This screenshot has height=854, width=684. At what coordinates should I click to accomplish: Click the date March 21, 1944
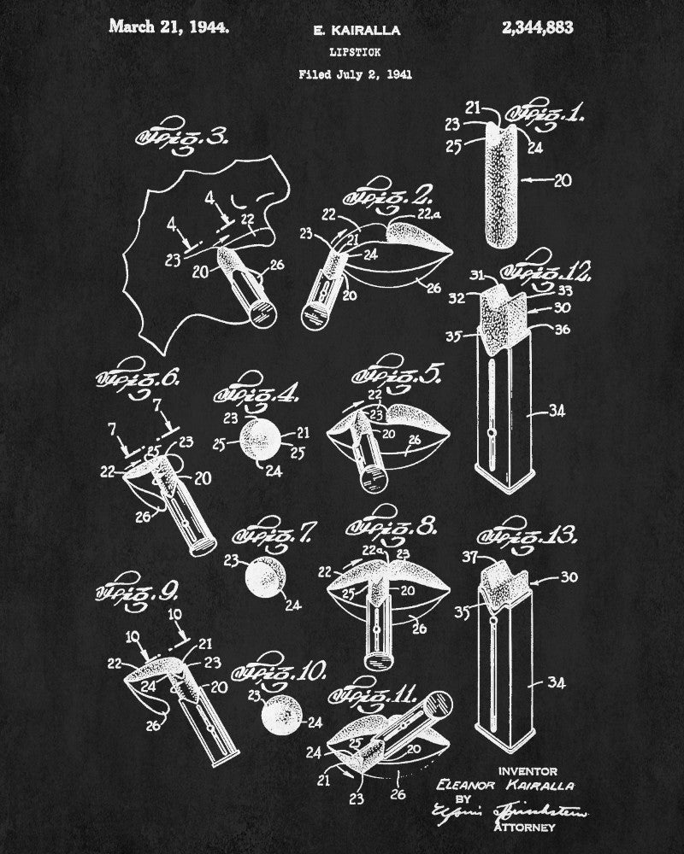click(169, 27)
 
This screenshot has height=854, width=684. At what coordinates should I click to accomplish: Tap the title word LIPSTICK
click(354, 52)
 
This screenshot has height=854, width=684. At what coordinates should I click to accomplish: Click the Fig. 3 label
click(179, 136)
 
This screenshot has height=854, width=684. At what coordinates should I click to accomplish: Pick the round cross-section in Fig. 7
click(262, 581)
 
